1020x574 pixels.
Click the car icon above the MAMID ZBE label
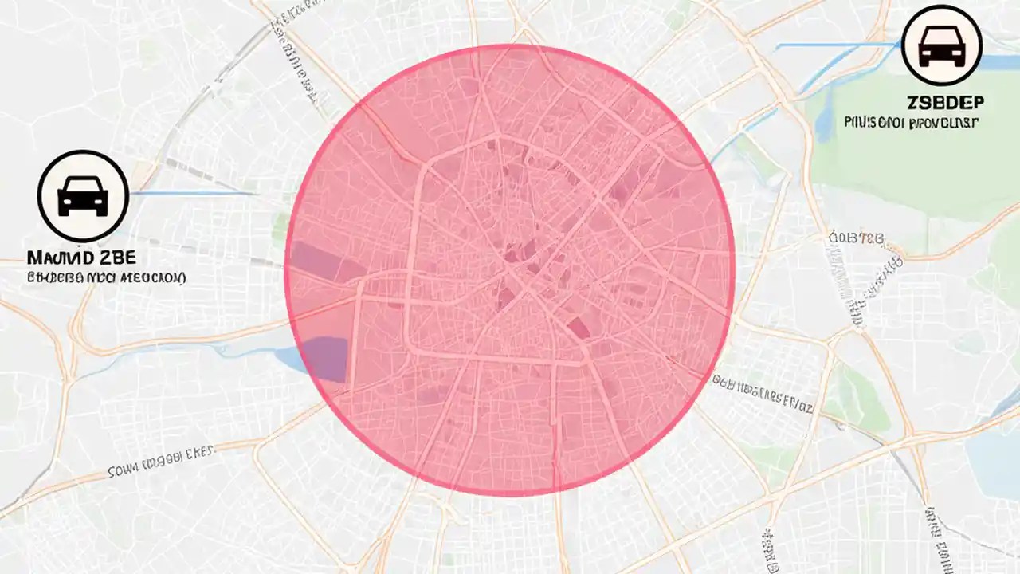[x=83, y=196]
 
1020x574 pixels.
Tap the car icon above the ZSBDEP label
[x=942, y=45]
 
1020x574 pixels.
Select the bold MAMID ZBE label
[x=81, y=259]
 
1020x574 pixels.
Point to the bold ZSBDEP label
[x=944, y=103]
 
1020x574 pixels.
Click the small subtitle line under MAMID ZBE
[x=106, y=278]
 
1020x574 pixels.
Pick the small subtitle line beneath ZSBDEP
[x=911, y=123]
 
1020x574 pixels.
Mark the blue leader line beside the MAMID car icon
[x=191, y=193]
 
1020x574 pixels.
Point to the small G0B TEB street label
[x=856, y=238]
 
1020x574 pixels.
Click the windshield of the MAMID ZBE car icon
[x=83, y=189]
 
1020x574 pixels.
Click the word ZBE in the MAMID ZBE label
[x=119, y=259]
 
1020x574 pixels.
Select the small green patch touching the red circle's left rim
[x=280, y=228]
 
